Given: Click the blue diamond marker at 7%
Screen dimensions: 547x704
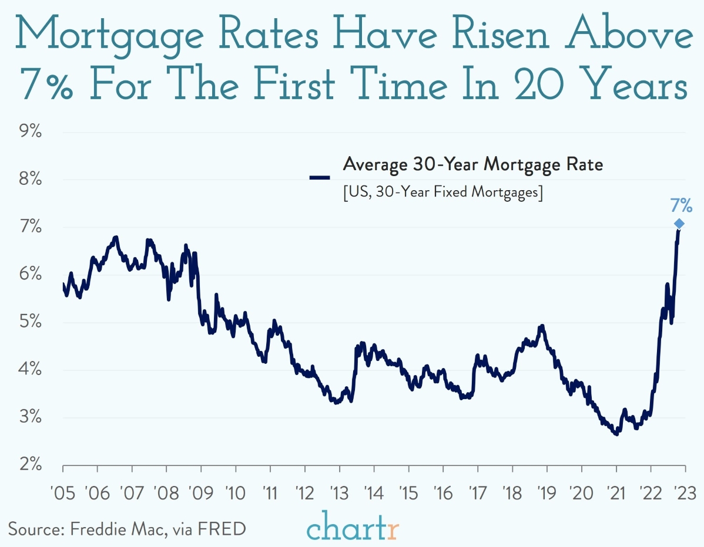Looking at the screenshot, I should click(679, 224).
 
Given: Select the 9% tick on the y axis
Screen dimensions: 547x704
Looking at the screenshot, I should click(28, 132).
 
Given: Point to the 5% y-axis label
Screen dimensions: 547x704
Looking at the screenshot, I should click(28, 322).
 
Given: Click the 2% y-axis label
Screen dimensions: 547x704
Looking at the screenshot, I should click(28, 465).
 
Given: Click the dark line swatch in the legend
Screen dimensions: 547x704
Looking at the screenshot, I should click(320, 177).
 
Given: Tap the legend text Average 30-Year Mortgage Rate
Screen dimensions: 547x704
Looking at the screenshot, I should click(472, 165).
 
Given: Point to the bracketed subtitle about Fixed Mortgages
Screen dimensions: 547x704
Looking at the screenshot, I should click(442, 193).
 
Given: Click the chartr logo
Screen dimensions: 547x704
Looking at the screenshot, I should click(353, 527).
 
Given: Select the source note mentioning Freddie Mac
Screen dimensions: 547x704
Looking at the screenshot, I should click(127, 528).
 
